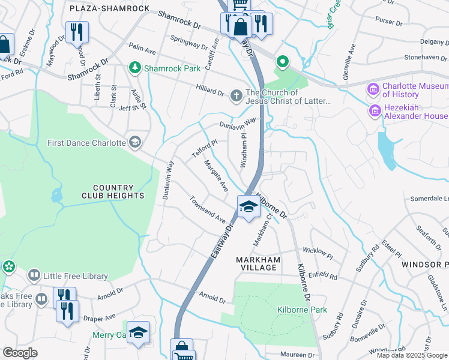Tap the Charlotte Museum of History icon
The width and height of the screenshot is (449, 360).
[x=374, y=90]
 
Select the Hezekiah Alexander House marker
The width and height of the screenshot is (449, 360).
[x=375, y=111]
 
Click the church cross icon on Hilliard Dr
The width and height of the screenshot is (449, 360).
[x=237, y=94]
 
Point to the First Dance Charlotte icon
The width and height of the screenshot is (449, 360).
[x=135, y=142]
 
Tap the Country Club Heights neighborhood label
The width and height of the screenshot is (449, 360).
[x=113, y=191]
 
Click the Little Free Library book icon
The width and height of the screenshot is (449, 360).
[x=35, y=276]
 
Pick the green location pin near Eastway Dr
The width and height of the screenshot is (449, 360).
[x=281, y=61]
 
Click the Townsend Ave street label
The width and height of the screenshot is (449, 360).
[x=208, y=209]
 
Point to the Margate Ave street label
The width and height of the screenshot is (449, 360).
[x=215, y=176]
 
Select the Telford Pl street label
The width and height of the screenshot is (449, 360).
[x=200, y=148]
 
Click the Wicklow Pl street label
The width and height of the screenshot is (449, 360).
[x=318, y=252]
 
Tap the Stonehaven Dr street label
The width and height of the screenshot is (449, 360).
[x=418, y=58]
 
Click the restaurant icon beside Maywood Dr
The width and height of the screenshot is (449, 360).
[x=77, y=32]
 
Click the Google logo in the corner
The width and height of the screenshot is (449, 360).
[x=20, y=353]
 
